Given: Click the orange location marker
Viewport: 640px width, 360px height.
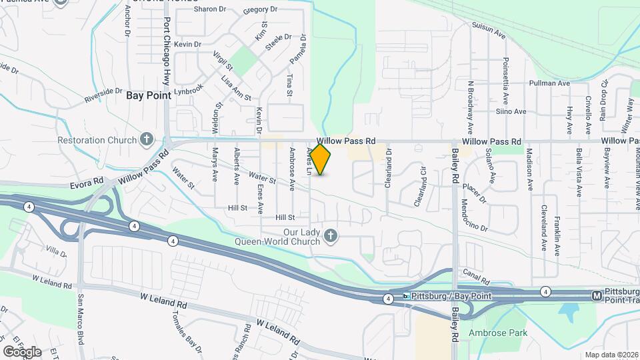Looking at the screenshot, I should coord(321,159).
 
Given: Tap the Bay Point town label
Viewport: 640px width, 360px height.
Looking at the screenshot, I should coord(149,95).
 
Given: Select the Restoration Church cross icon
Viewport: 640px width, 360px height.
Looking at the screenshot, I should coord(147,140).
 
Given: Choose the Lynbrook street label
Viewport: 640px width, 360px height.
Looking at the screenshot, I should coord(188,89).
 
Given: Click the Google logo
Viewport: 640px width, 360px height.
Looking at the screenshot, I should coord(22,351).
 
